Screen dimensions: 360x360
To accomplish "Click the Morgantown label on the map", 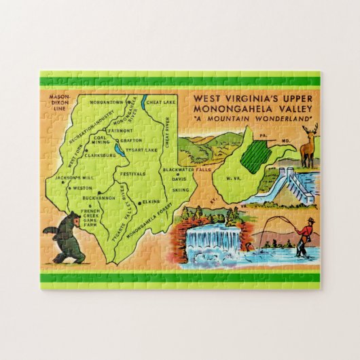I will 109,103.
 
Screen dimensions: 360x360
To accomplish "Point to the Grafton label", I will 128,141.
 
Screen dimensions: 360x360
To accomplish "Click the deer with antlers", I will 308,145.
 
